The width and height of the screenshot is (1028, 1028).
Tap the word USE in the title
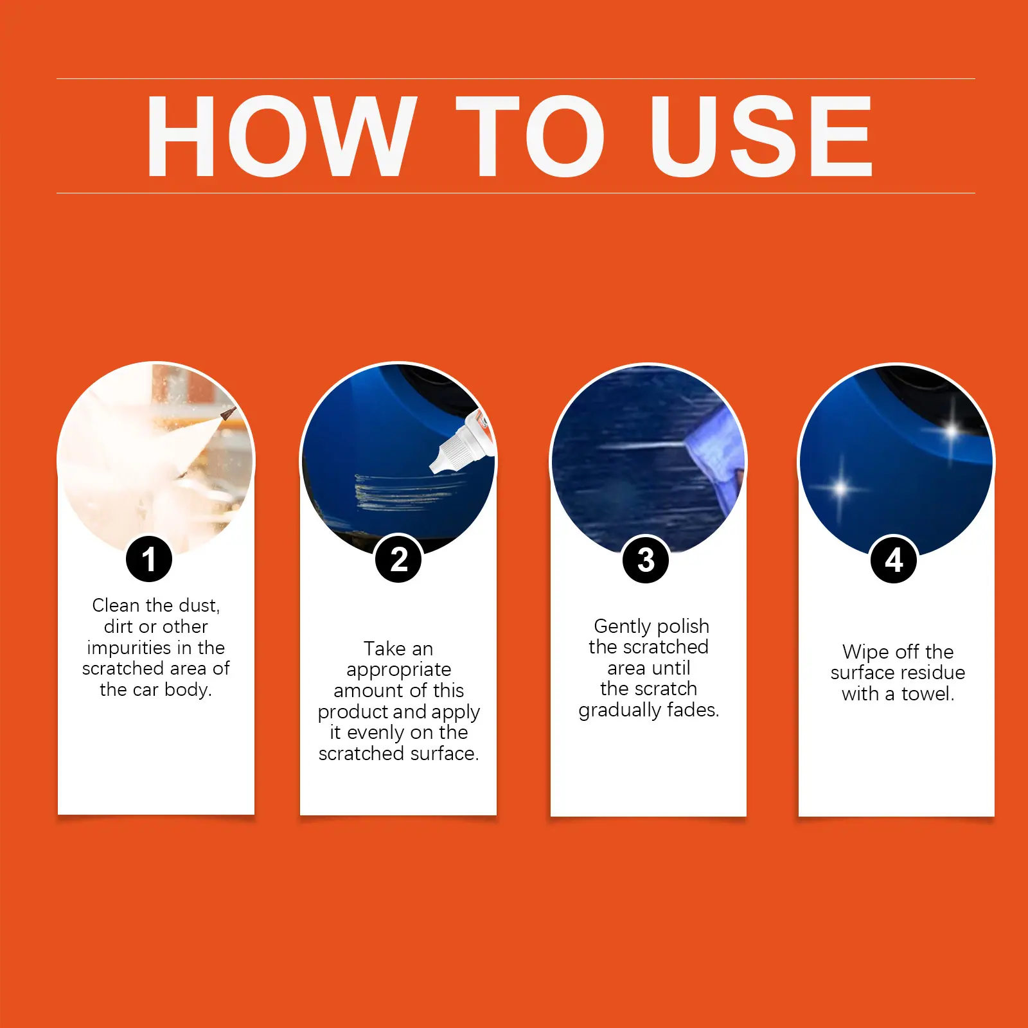761,136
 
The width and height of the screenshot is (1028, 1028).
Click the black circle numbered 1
149,559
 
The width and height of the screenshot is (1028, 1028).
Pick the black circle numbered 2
398,559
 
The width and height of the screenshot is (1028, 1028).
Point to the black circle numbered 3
646,560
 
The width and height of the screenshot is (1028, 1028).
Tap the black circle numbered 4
894,560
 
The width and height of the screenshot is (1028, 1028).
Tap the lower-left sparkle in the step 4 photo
840,489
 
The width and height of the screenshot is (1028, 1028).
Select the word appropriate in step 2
398,670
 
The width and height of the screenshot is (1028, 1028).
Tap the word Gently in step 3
622,626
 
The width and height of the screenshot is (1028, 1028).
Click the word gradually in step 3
620,711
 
